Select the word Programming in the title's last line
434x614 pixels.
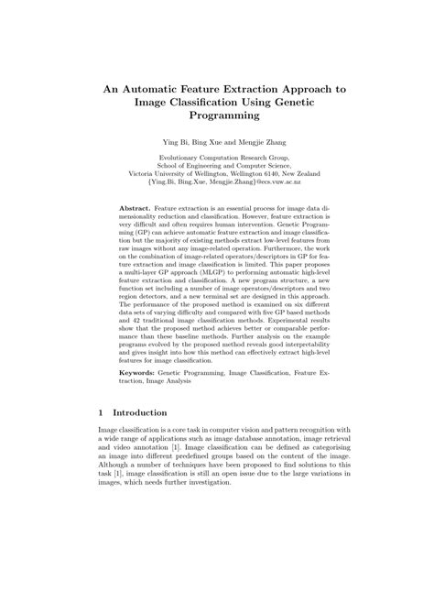coord(217,116)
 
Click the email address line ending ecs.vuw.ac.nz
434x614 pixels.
coord(217,181)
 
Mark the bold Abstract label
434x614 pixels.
coord(135,210)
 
